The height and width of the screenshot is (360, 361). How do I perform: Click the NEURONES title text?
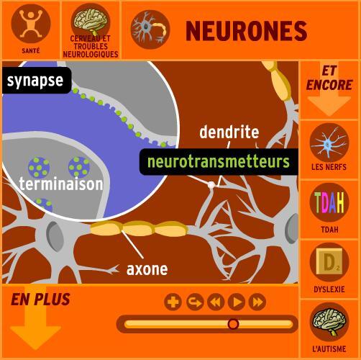click(246, 30)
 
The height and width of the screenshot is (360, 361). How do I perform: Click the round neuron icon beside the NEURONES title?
click(150, 29)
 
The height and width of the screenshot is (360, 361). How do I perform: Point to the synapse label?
click(35, 80)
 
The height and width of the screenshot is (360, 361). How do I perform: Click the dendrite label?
click(229, 132)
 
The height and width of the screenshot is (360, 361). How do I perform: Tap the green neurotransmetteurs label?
click(218, 161)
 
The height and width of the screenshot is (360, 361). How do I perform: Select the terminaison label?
click(61, 184)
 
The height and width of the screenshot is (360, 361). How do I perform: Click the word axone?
click(147, 269)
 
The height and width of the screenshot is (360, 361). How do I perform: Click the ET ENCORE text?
click(329, 78)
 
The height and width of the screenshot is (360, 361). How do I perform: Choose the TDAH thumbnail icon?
click(329, 203)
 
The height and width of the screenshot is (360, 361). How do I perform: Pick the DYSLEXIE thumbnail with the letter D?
click(329, 263)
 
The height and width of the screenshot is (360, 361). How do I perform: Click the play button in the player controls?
click(236, 302)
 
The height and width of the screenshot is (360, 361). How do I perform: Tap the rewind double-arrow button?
click(215, 302)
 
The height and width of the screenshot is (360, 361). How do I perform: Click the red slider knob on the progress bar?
click(233, 324)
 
